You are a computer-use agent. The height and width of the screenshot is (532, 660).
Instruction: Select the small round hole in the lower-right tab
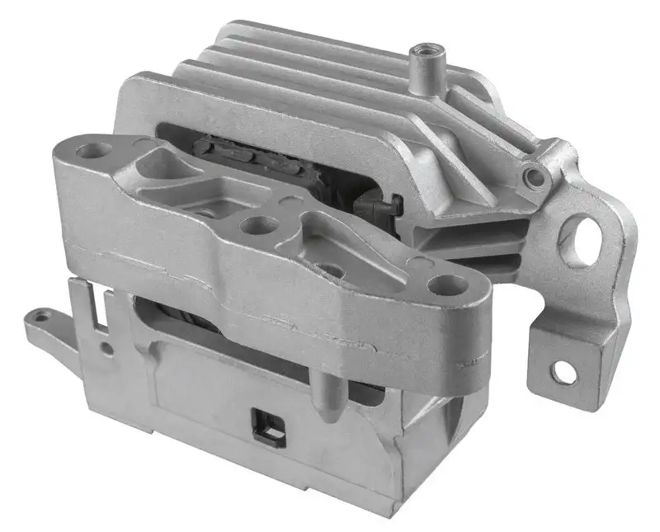pyautogui.click(x=563, y=372)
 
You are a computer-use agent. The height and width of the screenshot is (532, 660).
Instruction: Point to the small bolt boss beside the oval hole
pyautogui.click(x=535, y=176)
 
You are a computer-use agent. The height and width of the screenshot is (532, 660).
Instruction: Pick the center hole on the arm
pyautogui.click(x=251, y=224)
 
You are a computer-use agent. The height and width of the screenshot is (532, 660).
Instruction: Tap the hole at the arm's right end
pyautogui.click(x=450, y=286)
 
